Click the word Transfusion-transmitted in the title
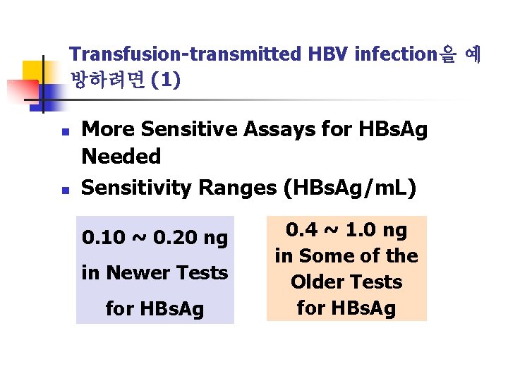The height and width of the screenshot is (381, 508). pos(186,54)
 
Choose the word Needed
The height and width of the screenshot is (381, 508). pos(121,156)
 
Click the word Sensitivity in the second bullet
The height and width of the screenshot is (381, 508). pos(137,188)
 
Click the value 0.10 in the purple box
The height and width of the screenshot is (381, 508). pos(102,238)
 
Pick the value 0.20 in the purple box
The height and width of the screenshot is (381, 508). pos(170,238)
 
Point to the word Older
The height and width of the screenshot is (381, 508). pos(317,282)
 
